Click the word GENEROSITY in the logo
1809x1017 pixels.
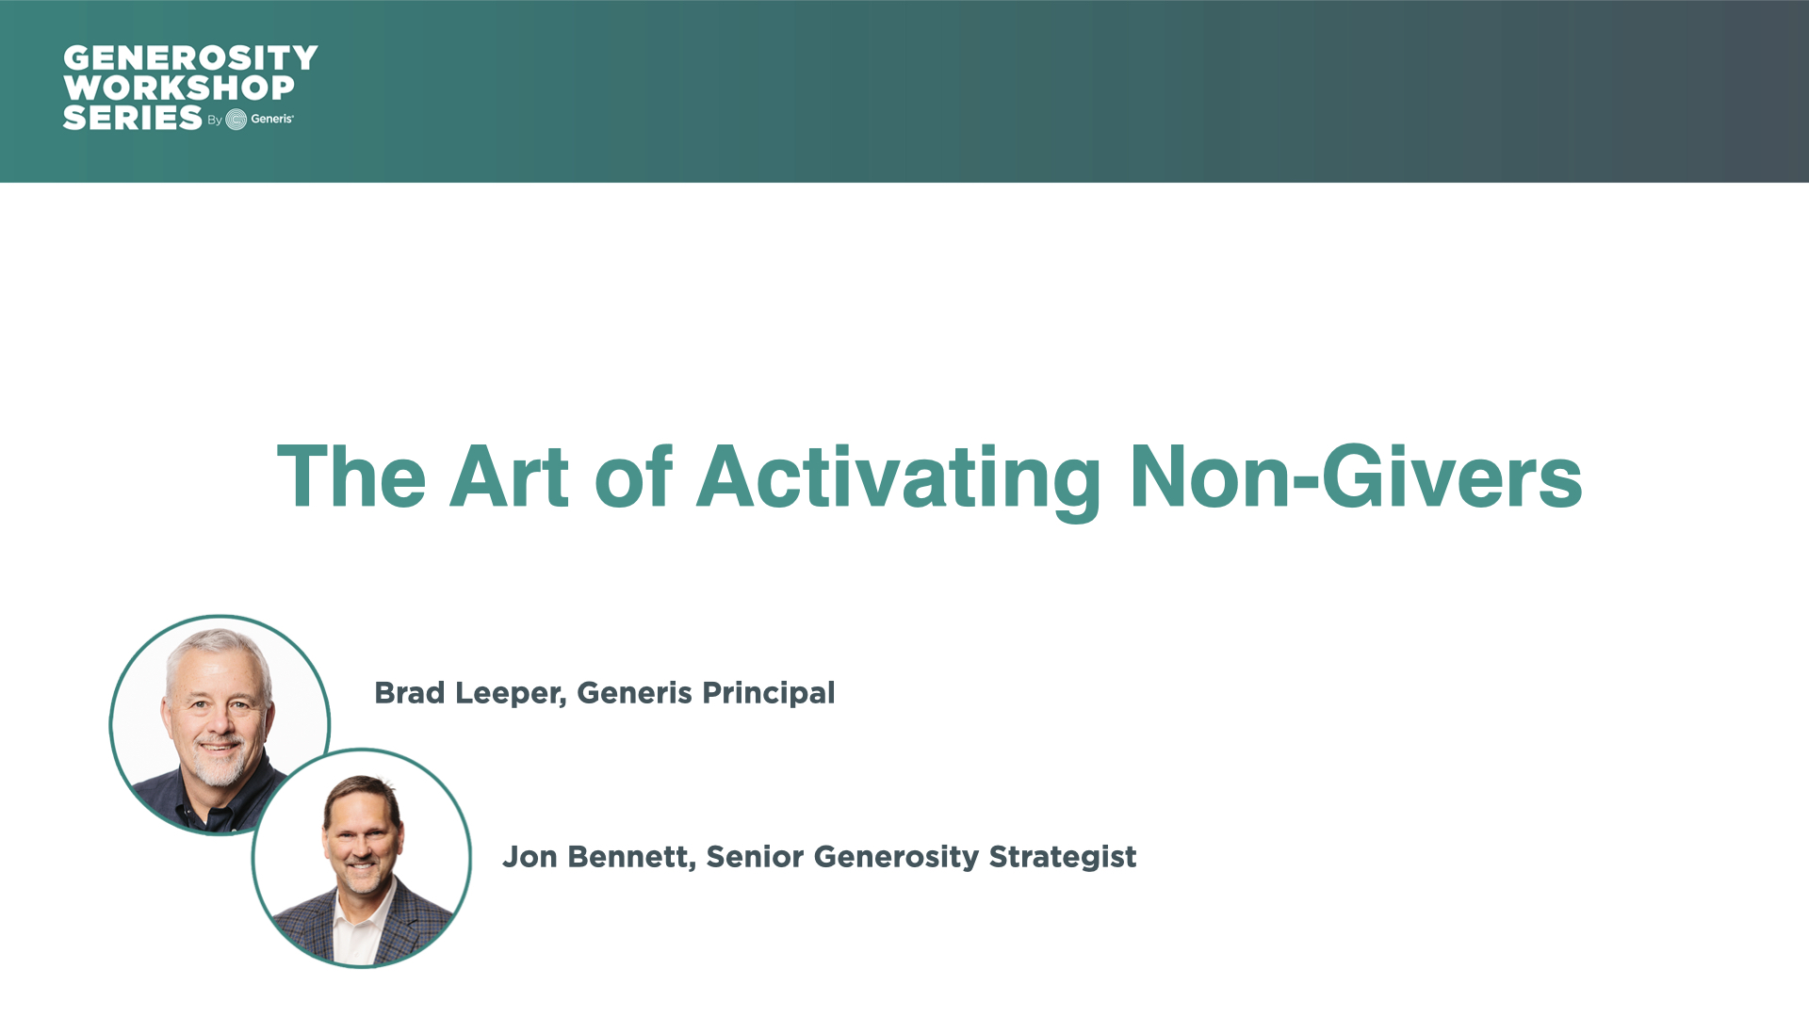click(x=190, y=58)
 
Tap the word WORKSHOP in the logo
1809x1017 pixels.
click(x=179, y=88)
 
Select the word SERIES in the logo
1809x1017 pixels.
click(x=133, y=118)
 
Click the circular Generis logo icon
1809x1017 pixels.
click(x=236, y=119)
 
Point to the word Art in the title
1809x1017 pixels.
click(x=509, y=476)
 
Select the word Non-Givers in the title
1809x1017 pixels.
click(x=1356, y=476)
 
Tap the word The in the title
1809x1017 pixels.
click(x=351, y=476)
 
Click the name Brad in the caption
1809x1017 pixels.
click(x=410, y=693)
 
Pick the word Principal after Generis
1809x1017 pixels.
click(x=769, y=694)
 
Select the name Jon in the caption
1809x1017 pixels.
click(x=530, y=857)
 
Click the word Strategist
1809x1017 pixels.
click(x=1063, y=858)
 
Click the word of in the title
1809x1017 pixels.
click(x=633, y=476)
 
